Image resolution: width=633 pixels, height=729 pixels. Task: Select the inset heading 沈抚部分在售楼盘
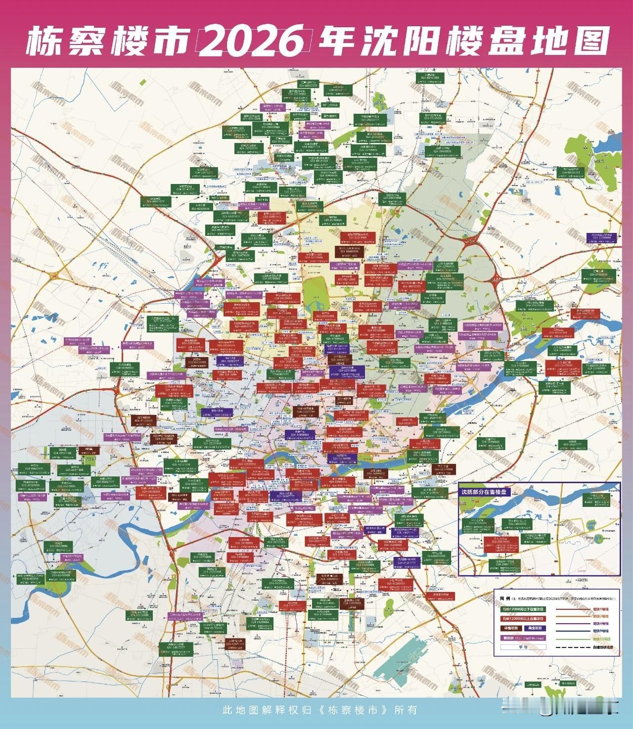(x=484, y=492)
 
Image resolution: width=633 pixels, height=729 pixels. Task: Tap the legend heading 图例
(x=505, y=598)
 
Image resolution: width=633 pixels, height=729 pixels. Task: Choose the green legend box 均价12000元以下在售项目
(x=523, y=609)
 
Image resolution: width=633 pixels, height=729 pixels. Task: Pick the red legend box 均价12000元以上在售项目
(x=523, y=619)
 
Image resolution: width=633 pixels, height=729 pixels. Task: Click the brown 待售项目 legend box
(x=511, y=628)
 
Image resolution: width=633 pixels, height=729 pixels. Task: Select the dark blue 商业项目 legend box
(x=535, y=628)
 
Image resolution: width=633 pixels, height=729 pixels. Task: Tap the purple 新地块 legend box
(x=523, y=638)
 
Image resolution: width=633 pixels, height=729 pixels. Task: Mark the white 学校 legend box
(x=523, y=647)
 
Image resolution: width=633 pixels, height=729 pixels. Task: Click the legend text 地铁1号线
(x=601, y=609)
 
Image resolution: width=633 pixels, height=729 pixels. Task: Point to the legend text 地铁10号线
(x=601, y=639)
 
